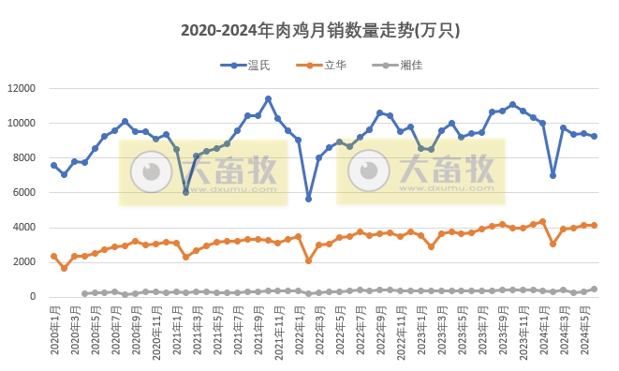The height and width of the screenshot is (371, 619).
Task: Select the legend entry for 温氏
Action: pos(248,65)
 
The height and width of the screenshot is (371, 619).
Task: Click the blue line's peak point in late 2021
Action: pos(268,98)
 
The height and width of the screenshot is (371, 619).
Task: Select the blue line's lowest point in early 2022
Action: pos(309,199)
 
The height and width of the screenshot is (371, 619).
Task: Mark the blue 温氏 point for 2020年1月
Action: pos(53,165)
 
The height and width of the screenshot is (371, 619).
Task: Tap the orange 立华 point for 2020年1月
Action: pos(53,256)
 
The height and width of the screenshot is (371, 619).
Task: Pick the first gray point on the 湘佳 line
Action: pos(84,293)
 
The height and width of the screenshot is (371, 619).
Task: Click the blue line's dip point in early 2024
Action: pos(553,175)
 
